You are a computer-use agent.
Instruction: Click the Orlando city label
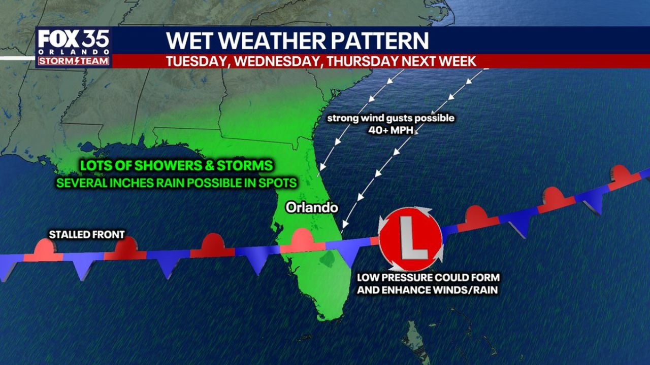312,207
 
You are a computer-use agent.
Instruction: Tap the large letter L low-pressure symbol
411,239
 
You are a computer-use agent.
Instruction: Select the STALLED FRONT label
86,234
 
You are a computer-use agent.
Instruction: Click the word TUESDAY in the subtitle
196,61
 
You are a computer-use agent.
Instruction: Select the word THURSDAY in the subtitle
362,61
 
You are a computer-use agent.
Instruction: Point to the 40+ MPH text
390,129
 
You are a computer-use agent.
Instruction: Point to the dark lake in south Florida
327,259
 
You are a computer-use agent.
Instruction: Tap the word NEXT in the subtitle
419,61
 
